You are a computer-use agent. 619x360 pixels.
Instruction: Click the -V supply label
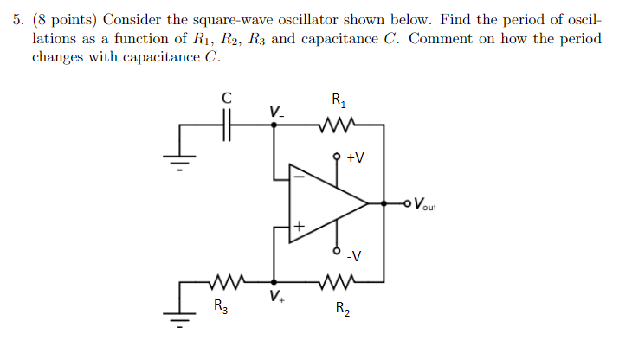354,255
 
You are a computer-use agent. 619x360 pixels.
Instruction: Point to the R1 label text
339,101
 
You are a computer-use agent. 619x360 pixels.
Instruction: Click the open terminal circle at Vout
408,204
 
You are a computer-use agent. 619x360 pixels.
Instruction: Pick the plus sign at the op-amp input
299,227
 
